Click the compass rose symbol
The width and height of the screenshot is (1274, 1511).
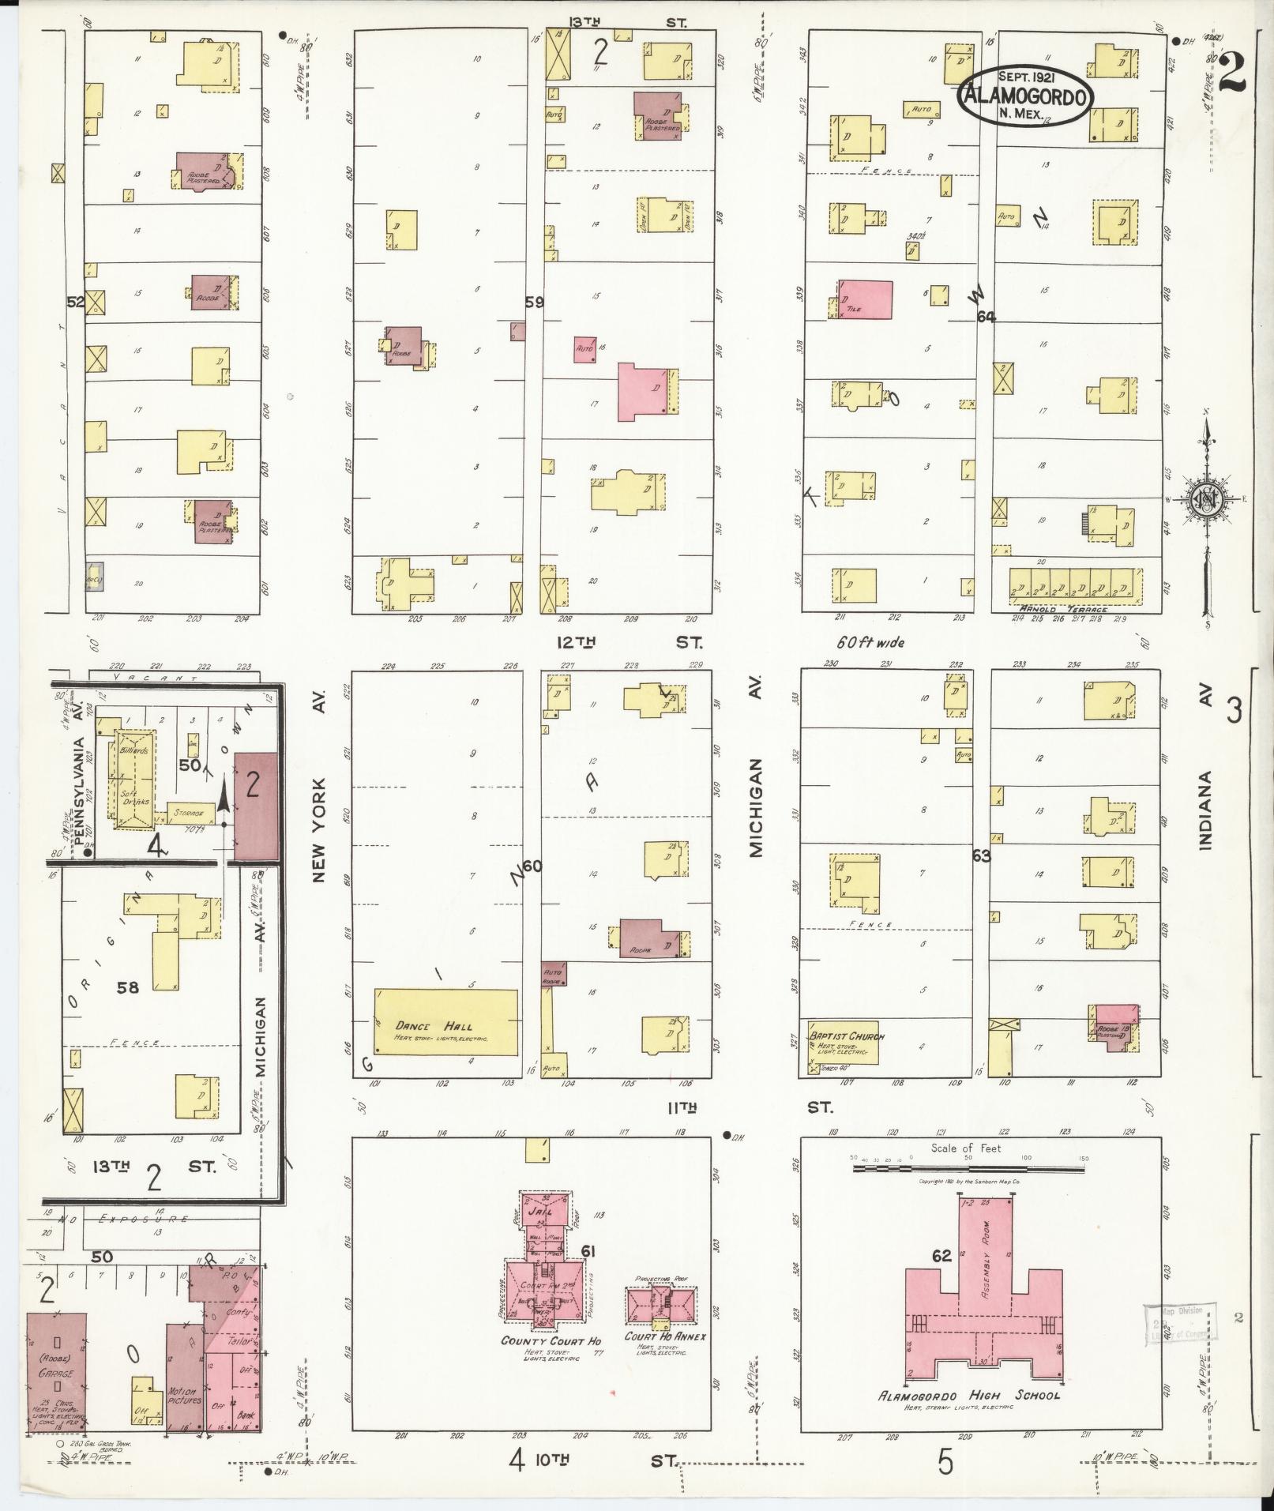tap(1206, 502)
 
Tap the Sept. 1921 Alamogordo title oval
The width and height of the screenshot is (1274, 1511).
tap(1026, 96)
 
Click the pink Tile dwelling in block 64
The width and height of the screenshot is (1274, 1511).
tap(865, 300)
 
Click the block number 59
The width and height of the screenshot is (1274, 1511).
tap(535, 301)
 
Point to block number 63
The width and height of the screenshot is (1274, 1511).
tap(982, 855)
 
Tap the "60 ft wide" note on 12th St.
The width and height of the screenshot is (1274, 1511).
tap(870, 642)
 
